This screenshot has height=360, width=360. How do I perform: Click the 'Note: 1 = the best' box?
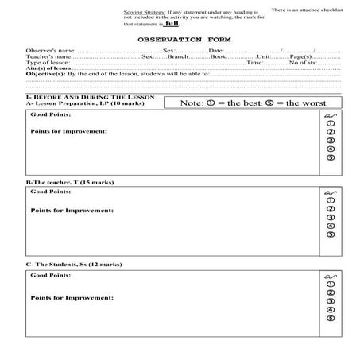249,103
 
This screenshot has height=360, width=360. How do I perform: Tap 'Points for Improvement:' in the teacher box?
72,211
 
